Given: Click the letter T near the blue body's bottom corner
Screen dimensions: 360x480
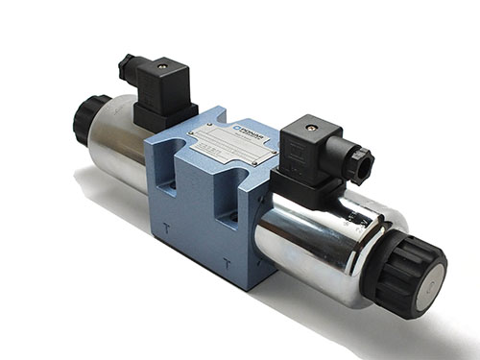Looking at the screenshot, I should [226, 262].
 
